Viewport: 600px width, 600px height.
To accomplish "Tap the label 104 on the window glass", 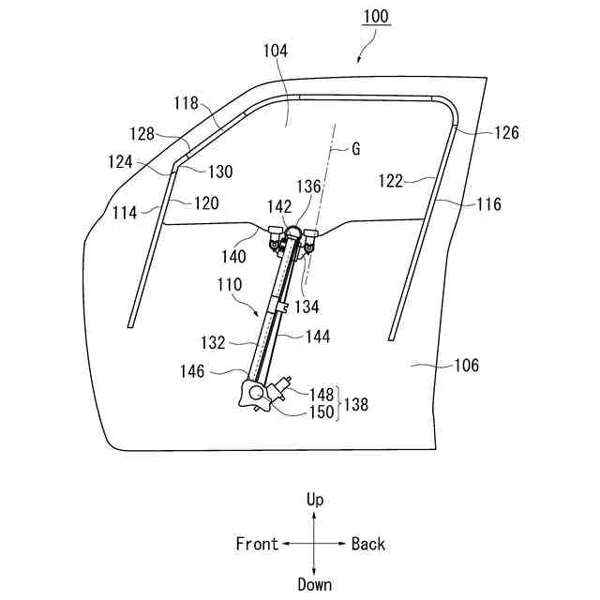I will (x=277, y=51).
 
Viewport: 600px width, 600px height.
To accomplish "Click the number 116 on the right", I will (x=487, y=203).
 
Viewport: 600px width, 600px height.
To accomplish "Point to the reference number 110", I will (x=229, y=283).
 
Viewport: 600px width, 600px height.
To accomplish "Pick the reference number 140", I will (x=234, y=255).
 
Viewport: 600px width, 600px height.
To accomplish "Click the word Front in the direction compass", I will (x=257, y=544).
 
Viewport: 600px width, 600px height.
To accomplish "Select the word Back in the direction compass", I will (x=367, y=544).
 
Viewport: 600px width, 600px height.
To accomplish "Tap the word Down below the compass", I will (x=315, y=584).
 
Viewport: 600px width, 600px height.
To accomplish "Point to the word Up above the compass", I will (x=315, y=501).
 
